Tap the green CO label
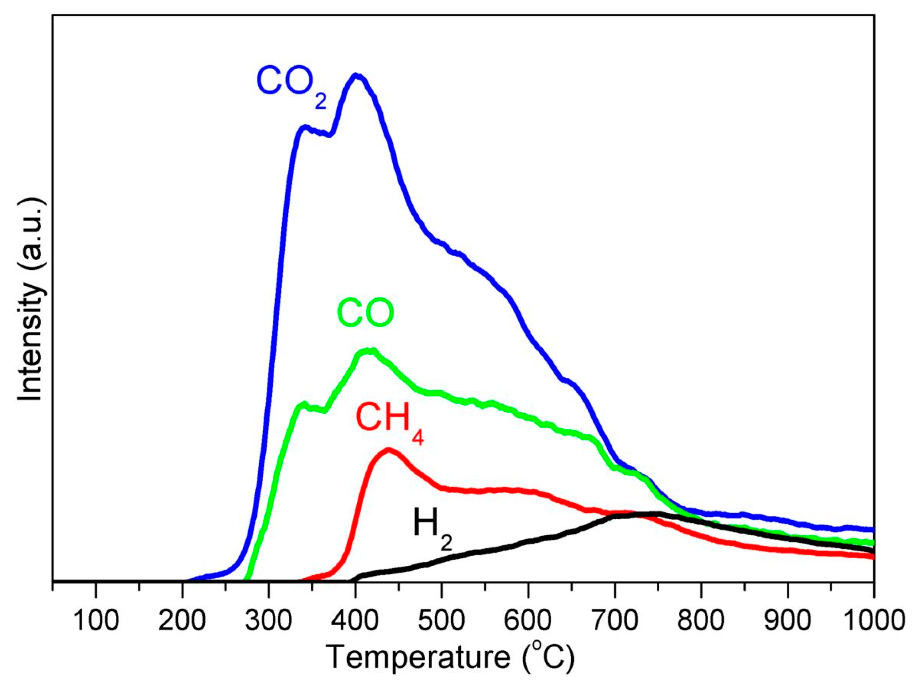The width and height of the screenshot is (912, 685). click(x=365, y=313)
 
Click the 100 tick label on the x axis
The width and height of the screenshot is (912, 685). click(x=96, y=620)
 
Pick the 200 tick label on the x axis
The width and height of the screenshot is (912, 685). click(x=182, y=620)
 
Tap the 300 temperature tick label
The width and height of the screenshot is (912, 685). click(x=269, y=620)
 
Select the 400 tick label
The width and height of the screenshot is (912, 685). click(x=355, y=620)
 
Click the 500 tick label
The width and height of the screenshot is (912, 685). click(x=441, y=620)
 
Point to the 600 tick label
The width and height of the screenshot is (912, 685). click(x=528, y=620)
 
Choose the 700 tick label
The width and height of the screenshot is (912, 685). click(x=614, y=620)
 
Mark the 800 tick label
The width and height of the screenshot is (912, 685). click(x=701, y=620)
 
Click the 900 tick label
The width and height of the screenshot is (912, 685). click(x=787, y=620)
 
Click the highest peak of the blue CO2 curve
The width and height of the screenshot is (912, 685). click(x=356, y=76)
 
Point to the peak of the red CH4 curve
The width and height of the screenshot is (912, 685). click(x=389, y=450)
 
